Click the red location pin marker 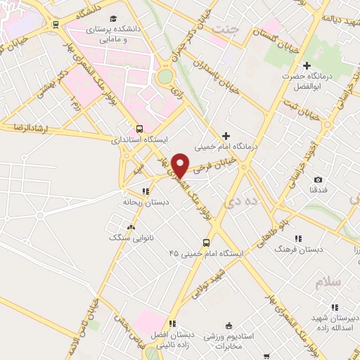click(181, 165)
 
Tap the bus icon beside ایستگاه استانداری click(139, 129)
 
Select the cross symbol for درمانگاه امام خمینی click(225, 136)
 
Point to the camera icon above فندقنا click(318, 180)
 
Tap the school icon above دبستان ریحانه click(145, 191)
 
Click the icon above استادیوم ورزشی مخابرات click(228, 325)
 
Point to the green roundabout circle click(165, 75)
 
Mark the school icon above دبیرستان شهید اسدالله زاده click(335, 307)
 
